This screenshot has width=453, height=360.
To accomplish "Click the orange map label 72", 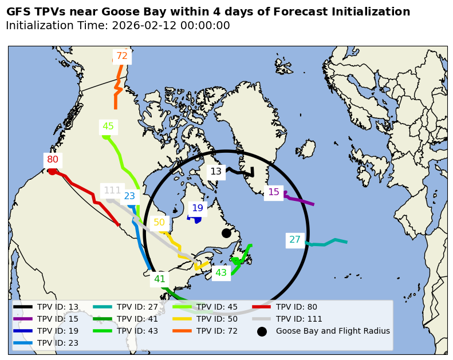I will pos(122,56).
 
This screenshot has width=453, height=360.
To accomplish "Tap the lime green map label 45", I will pos(108,126).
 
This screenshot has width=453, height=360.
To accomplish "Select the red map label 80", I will pos(53,160).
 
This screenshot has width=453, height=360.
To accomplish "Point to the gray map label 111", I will pos(112,191).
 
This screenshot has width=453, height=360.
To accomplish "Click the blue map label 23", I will pos(129,196).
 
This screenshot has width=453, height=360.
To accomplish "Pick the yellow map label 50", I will pos(159,223).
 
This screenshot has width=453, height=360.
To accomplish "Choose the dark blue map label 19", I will pos(198,208).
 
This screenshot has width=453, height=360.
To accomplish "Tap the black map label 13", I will pos(216,171).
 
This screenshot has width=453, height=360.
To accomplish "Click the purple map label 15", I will pos(274,192).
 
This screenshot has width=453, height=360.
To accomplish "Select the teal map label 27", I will pos(295,240).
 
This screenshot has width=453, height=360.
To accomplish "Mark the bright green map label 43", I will pos(221,273).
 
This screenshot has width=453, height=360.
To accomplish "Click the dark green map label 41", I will pos(160,279).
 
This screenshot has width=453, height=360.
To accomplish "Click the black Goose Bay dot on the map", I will pos(226,233).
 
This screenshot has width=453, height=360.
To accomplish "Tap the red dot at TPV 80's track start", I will pos(52,171).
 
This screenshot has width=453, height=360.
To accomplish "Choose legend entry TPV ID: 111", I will pos(299,319).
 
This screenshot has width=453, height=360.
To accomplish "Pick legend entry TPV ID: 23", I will pos(57,343).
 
